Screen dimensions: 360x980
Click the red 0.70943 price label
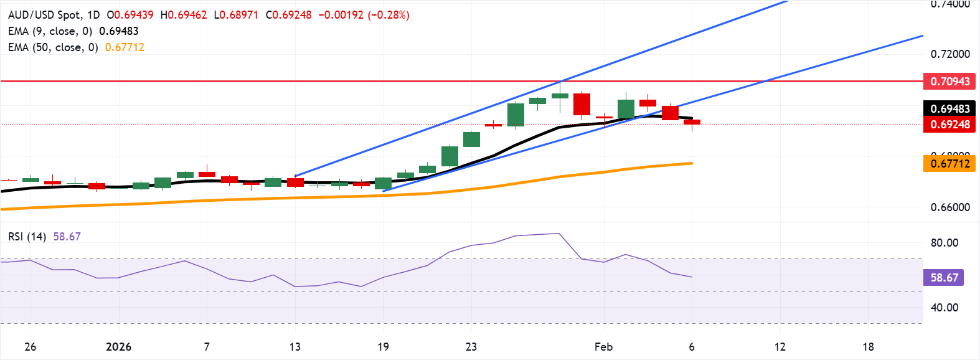pos(949,82)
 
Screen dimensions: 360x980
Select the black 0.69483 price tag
pos(949,109)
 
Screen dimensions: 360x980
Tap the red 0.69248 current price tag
pos(949,125)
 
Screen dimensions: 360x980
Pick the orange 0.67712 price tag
pos(949,164)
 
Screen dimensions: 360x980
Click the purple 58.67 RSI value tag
pos(944,278)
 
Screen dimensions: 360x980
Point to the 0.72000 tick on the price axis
pos(949,54)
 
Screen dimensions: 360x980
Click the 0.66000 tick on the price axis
pos(949,207)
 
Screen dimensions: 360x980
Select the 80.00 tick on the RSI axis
pos(944,243)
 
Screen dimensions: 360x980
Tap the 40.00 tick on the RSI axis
pos(944,307)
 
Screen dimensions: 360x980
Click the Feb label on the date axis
pos(603,347)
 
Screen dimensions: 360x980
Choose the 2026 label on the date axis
pos(119,347)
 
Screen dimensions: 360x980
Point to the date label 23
pos(471,347)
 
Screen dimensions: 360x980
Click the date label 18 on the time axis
pos(868,347)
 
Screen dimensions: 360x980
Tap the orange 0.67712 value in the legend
pos(125,47)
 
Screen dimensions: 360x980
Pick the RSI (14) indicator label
pos(27,237)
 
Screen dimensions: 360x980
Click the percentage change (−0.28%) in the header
pos(389,15)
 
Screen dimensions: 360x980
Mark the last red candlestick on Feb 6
pos(692,122)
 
